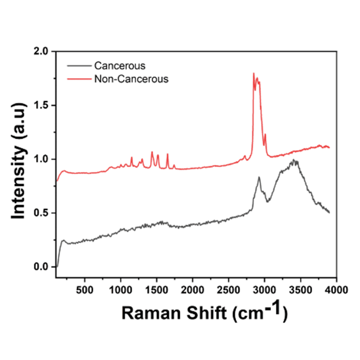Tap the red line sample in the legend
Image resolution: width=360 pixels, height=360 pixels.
(79, 79)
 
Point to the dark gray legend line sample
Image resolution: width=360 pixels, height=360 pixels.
(79, 65)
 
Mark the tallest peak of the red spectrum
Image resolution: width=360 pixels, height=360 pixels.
(254, 73)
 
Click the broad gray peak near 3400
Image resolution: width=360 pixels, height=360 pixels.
(295, 161)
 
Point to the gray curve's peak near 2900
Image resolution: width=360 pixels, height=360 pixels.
(259, 177)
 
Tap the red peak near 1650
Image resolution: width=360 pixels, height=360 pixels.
(167, 154)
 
